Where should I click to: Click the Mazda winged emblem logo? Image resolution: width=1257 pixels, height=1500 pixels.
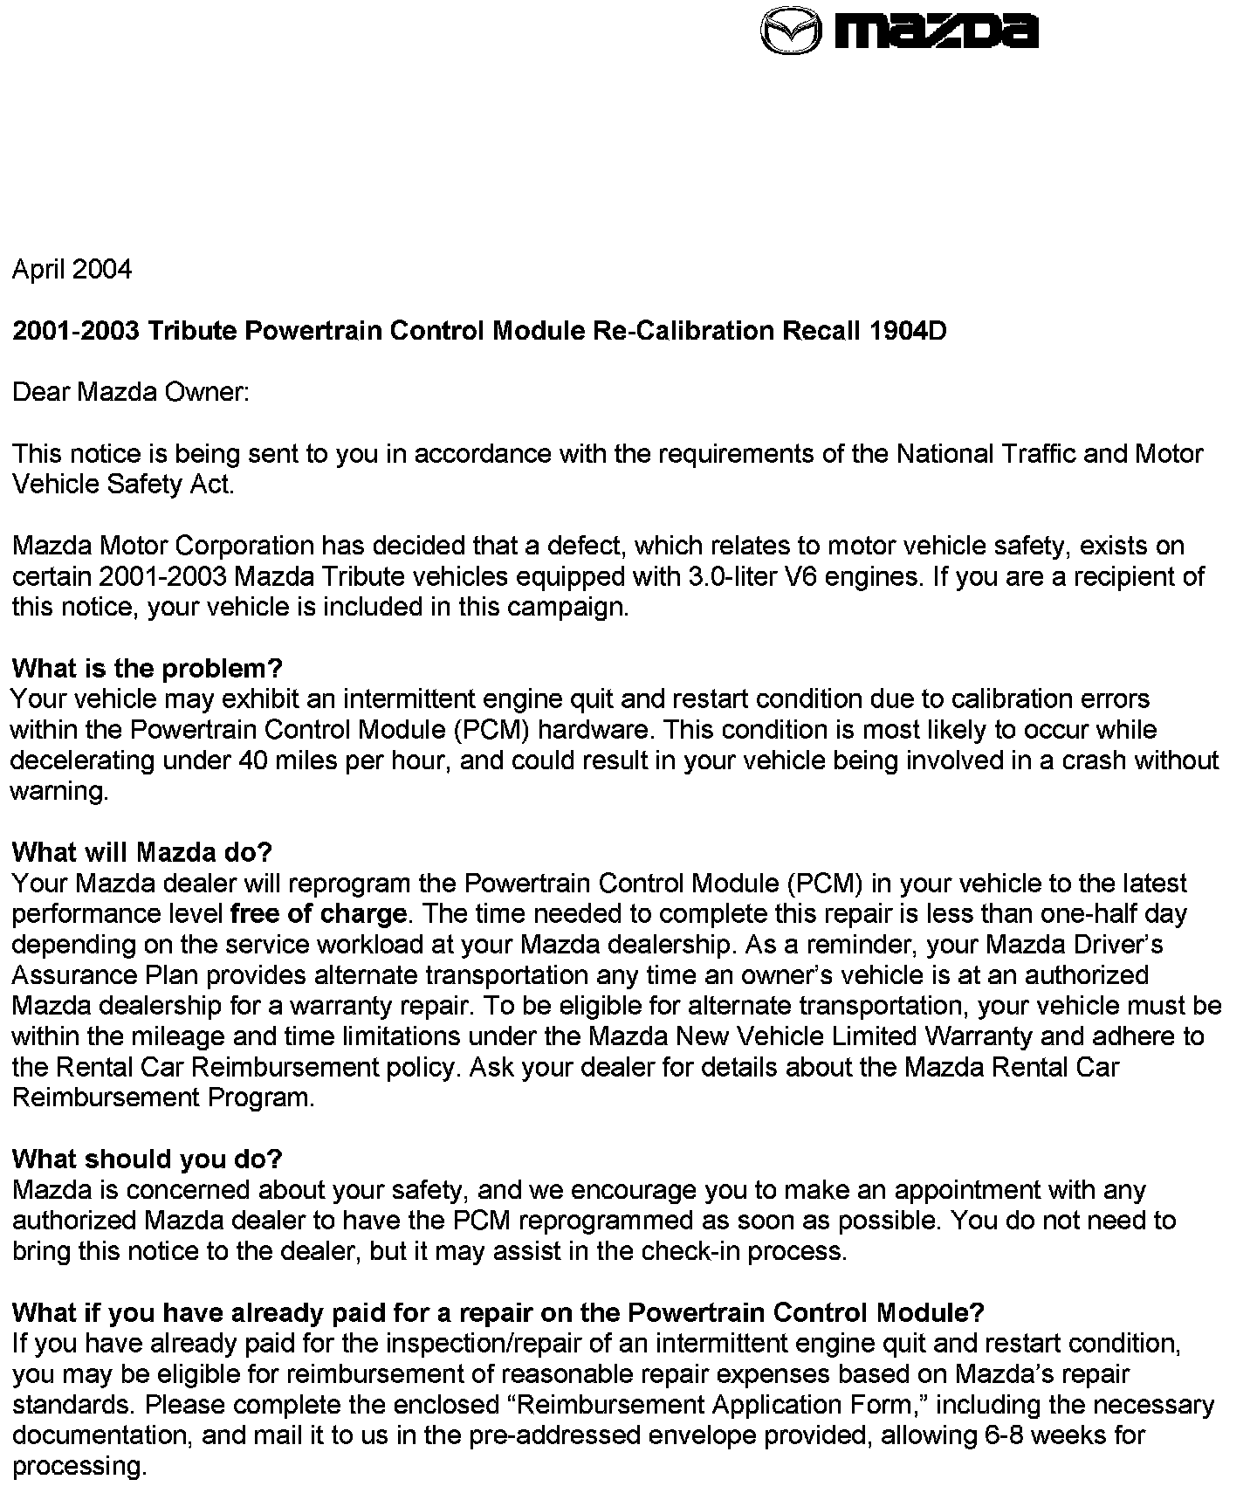(791, 32)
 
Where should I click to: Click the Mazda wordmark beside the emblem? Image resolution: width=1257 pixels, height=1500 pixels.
(938, 31)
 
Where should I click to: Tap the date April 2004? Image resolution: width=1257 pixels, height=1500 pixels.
(72, 269)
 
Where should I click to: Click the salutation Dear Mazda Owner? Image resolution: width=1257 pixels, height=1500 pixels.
(131, 392)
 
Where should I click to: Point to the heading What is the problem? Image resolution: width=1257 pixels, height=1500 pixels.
(148, 669)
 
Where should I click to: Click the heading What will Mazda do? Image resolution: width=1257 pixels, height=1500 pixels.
(142, 852)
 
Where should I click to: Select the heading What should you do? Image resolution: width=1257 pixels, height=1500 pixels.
(148, 1159)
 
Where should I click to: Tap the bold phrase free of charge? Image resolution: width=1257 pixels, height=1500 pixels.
(318, 914)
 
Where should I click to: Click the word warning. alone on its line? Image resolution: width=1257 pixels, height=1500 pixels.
(59, 793)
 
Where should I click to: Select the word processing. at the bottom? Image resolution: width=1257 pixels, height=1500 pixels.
(79, 1467)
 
